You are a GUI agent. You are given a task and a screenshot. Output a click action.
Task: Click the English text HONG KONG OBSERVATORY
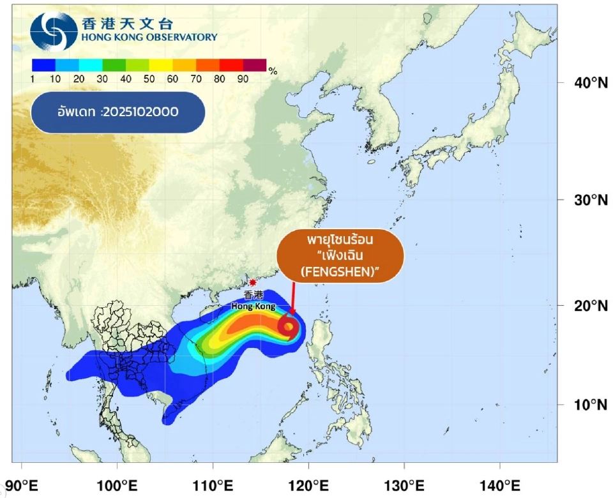pyautogui.click(x=149, y=38)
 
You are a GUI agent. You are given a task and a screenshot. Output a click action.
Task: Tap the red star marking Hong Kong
pyautogui.click(x=253, y=282)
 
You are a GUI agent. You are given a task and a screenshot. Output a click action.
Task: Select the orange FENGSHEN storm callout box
pyautogui.click(x=340, y=255)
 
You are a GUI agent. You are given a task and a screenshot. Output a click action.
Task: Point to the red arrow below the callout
pyautogui.click(x=293, y=298)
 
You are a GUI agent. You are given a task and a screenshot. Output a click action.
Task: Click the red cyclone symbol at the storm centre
pyautogui.click(x=288, y=326)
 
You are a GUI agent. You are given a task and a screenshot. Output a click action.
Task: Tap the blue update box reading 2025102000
pyautogui.click(x=117, y=112)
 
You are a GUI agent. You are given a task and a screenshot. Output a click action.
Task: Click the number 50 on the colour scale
pyautogui.click(x=149, y=79)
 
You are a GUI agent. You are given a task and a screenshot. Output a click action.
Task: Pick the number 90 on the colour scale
pyautogui.click(x=243, y=79)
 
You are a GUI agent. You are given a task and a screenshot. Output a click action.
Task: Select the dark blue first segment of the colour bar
pyautogui.click(x=43, y=64)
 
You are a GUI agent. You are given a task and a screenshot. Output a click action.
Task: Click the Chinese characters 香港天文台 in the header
pyautogui.click(x=128, y=24)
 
